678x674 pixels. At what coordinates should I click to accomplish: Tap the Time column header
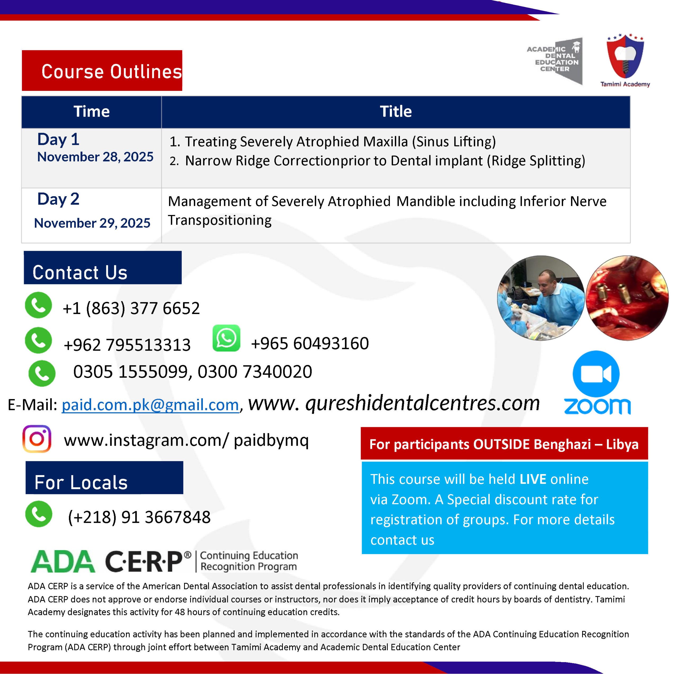[x=91, y=111]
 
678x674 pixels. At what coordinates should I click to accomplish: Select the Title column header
[x=395, y=111]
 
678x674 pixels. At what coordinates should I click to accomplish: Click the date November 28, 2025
[x=95, y=157]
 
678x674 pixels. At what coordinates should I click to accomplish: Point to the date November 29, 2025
[x=92, y=223]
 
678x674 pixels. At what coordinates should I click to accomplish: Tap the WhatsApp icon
[x=226, y=338]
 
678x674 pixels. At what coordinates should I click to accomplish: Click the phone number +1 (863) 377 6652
[x=131, y=309]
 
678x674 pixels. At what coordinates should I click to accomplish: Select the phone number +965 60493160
[x=310, y=343]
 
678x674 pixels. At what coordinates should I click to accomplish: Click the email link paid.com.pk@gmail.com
[x=150, y=405]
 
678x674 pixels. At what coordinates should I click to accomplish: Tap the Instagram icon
[x=37, y=439]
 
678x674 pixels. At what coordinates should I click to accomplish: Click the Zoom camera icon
[x=596, y=374]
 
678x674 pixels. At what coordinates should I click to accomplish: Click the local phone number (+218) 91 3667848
[x=139, y=517]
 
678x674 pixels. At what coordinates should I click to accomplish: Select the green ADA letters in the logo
[x=63, y=561]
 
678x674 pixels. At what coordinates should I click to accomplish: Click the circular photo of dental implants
[x=627, y=298]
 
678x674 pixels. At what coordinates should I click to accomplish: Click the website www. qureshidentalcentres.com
[x=394, y=404]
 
